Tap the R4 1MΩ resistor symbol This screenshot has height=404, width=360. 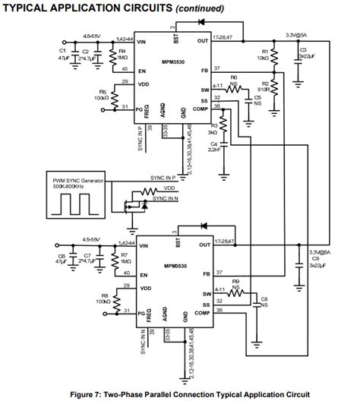(x=112, y=56)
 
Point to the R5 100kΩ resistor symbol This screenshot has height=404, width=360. (x=112, y=98)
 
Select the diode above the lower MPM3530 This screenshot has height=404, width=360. (x=201, y=226)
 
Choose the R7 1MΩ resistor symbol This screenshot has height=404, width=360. (x=112, y=260)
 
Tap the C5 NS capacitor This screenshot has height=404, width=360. (x=248, y=97)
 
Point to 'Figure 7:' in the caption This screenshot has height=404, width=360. (x=89, y=395)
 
